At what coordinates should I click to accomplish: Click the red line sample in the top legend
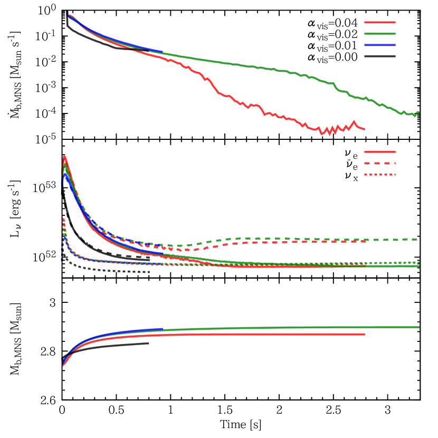pyautogui.click(x=379, y=22)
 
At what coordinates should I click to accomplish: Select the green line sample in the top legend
pyautogui.click(x=379, y=33)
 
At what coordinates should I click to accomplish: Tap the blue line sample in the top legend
pyautogui.click(x=379, y=45)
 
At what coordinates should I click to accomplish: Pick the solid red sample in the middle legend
pyautogui.click(x=379, y=152)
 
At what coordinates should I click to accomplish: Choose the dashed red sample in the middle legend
pyautogui.click(x=379, y=163)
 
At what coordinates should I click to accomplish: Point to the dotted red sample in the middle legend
pyautogui.click(x=379, y=174)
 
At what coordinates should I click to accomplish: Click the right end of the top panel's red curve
pyautogui.click(x=364, y=129)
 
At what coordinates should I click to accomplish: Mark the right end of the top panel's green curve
pyautogui.click(x=418, y=112)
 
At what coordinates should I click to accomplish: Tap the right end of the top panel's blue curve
pyautogui.click(x=163, y=52)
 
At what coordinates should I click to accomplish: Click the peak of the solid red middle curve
pyautogui.click(x=64, y=156)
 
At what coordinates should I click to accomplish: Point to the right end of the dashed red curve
pyautogui.click(x=365, y=241)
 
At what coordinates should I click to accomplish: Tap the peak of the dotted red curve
pyautogui.click(x=63, y=218)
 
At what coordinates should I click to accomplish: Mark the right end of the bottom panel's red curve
pyautogui.click(x=364, y=334)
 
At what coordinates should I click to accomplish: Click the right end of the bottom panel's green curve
pyautogui.click(x=419, y=327)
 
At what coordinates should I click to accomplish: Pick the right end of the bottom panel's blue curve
pyautogui.click(x=163, y=329)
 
